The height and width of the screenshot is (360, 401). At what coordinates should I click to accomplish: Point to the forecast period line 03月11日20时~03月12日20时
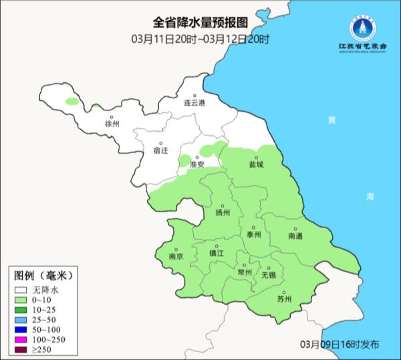pos(200,39)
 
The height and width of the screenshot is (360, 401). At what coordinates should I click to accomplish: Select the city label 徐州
pos(111,124)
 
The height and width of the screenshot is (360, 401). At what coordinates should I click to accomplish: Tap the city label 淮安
pos(196,164)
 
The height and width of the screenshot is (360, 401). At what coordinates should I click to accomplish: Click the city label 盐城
pos(256,164)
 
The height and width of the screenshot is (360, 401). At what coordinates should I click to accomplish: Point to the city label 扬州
pos(223,213)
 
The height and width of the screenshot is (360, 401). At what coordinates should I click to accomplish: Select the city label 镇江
pos(217,253)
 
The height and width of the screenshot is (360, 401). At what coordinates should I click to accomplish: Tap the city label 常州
pos(245,272)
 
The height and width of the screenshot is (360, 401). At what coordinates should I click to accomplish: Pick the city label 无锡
pos(268,274)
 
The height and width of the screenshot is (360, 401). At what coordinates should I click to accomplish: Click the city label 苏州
pos(284,298)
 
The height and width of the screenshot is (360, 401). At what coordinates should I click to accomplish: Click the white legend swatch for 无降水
pos(22,290)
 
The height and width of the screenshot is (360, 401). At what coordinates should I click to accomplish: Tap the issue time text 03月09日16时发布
pos(339,343)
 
